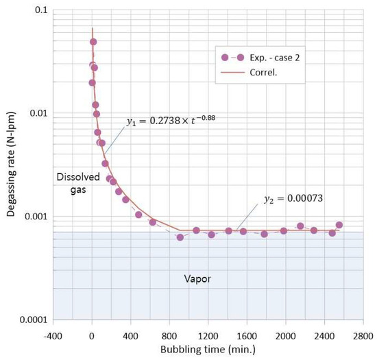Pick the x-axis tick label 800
169,336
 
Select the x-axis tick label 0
92,336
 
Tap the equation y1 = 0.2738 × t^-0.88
171,121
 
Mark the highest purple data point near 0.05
93,42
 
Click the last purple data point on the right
339,225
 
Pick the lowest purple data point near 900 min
180,237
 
